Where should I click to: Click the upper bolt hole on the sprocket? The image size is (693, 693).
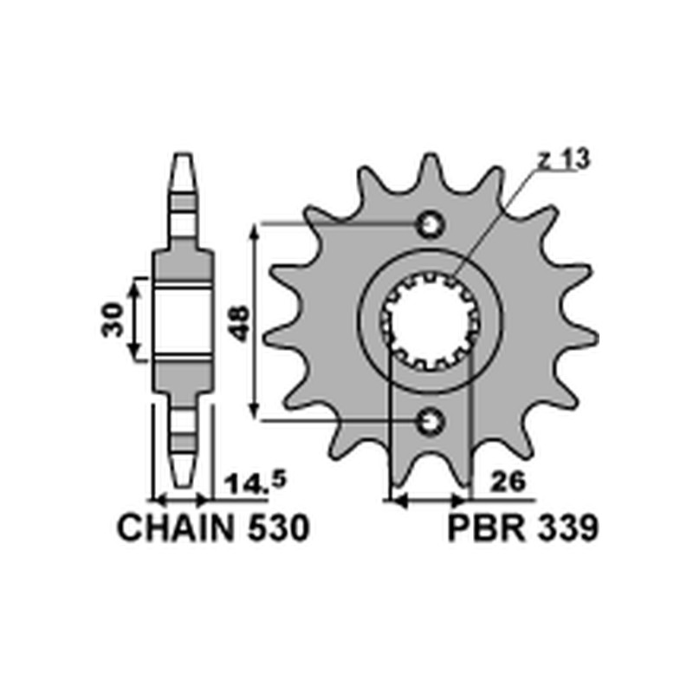click(431, 225)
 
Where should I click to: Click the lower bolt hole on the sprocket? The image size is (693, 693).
click(431, 422)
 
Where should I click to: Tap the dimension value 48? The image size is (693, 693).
click(241, 322)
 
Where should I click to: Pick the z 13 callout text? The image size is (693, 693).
click(564, 159)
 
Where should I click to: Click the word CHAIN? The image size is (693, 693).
click(175, 528)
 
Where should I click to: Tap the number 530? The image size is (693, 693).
click(278, 528)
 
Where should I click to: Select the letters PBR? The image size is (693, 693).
click(487, 528)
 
